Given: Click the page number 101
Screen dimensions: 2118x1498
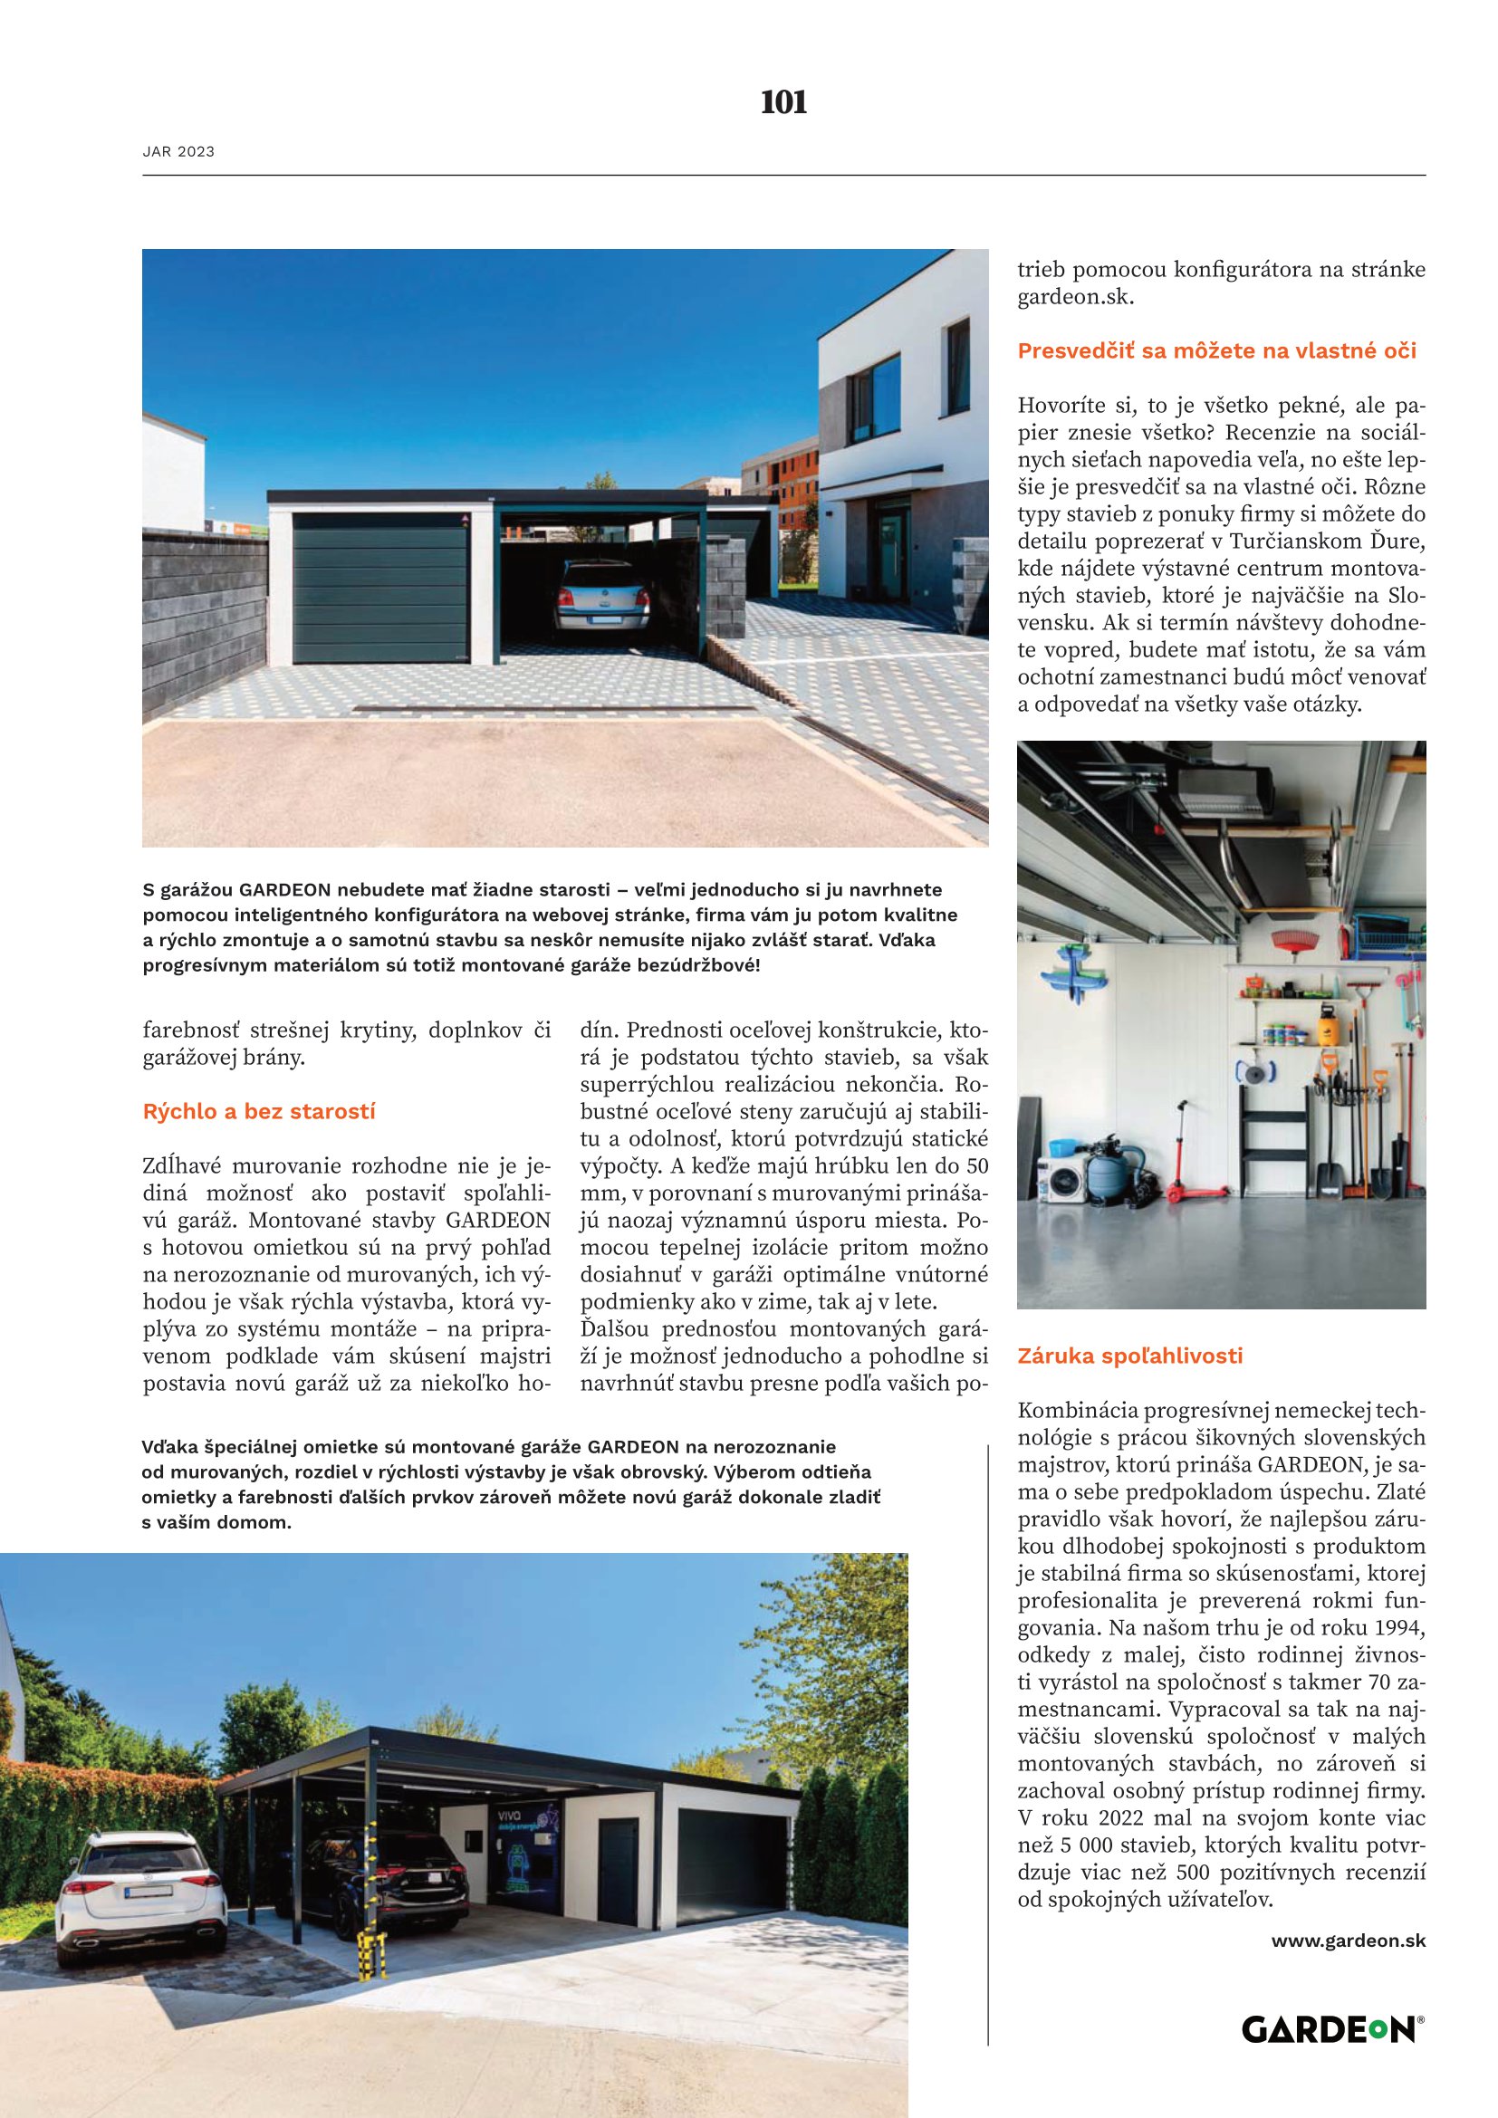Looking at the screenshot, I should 783,102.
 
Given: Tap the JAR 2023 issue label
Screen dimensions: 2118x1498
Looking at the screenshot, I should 179,152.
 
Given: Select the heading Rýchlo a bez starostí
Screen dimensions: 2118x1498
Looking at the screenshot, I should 259,1112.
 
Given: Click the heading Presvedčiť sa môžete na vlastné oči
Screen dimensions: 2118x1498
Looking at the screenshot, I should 1216,351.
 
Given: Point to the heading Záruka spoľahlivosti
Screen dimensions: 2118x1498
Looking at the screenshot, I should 1130,1356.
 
